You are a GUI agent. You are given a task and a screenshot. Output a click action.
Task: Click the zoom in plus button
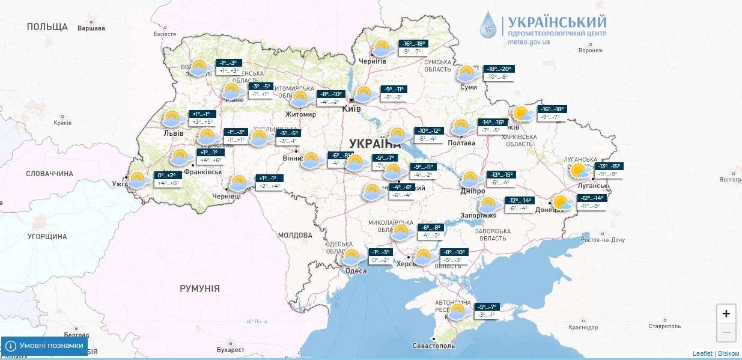click(x=726, y=314)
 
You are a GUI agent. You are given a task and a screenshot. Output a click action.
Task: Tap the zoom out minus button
click(x=726, y=332)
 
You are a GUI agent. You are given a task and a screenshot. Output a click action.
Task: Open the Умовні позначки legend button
click(x=44, y=346)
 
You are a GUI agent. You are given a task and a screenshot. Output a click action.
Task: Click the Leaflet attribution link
click(x=702, y=353)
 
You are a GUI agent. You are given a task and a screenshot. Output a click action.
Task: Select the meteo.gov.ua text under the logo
click(x=529, y=42)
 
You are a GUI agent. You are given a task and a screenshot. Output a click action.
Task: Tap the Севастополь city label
click(x=434, y=346)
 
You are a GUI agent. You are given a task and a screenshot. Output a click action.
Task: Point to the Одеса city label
click(x=356, y=271)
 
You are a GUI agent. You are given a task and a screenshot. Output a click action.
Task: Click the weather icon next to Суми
click(x=467, y=74)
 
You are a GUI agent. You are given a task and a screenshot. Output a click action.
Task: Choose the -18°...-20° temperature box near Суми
click(x=499, y=69)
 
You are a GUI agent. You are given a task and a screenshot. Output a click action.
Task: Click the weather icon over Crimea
click(x=457, y=311)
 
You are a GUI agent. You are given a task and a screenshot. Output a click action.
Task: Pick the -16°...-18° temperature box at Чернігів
click(x=414, y=44)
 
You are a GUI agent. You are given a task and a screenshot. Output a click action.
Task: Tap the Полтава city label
click(x=461, y=143)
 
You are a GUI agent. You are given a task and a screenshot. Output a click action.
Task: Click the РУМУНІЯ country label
click(x=199, y=288)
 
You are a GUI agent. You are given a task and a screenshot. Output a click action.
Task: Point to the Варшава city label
click(x=91, y=28)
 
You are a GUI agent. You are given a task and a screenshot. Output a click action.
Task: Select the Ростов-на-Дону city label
click(x=603, y=240)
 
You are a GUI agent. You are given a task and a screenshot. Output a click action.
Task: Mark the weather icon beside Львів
click(x=172, y=118)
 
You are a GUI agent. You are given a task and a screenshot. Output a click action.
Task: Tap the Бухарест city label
click(x=231, y=350)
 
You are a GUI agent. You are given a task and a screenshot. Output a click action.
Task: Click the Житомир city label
click(x=301, y=115)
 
